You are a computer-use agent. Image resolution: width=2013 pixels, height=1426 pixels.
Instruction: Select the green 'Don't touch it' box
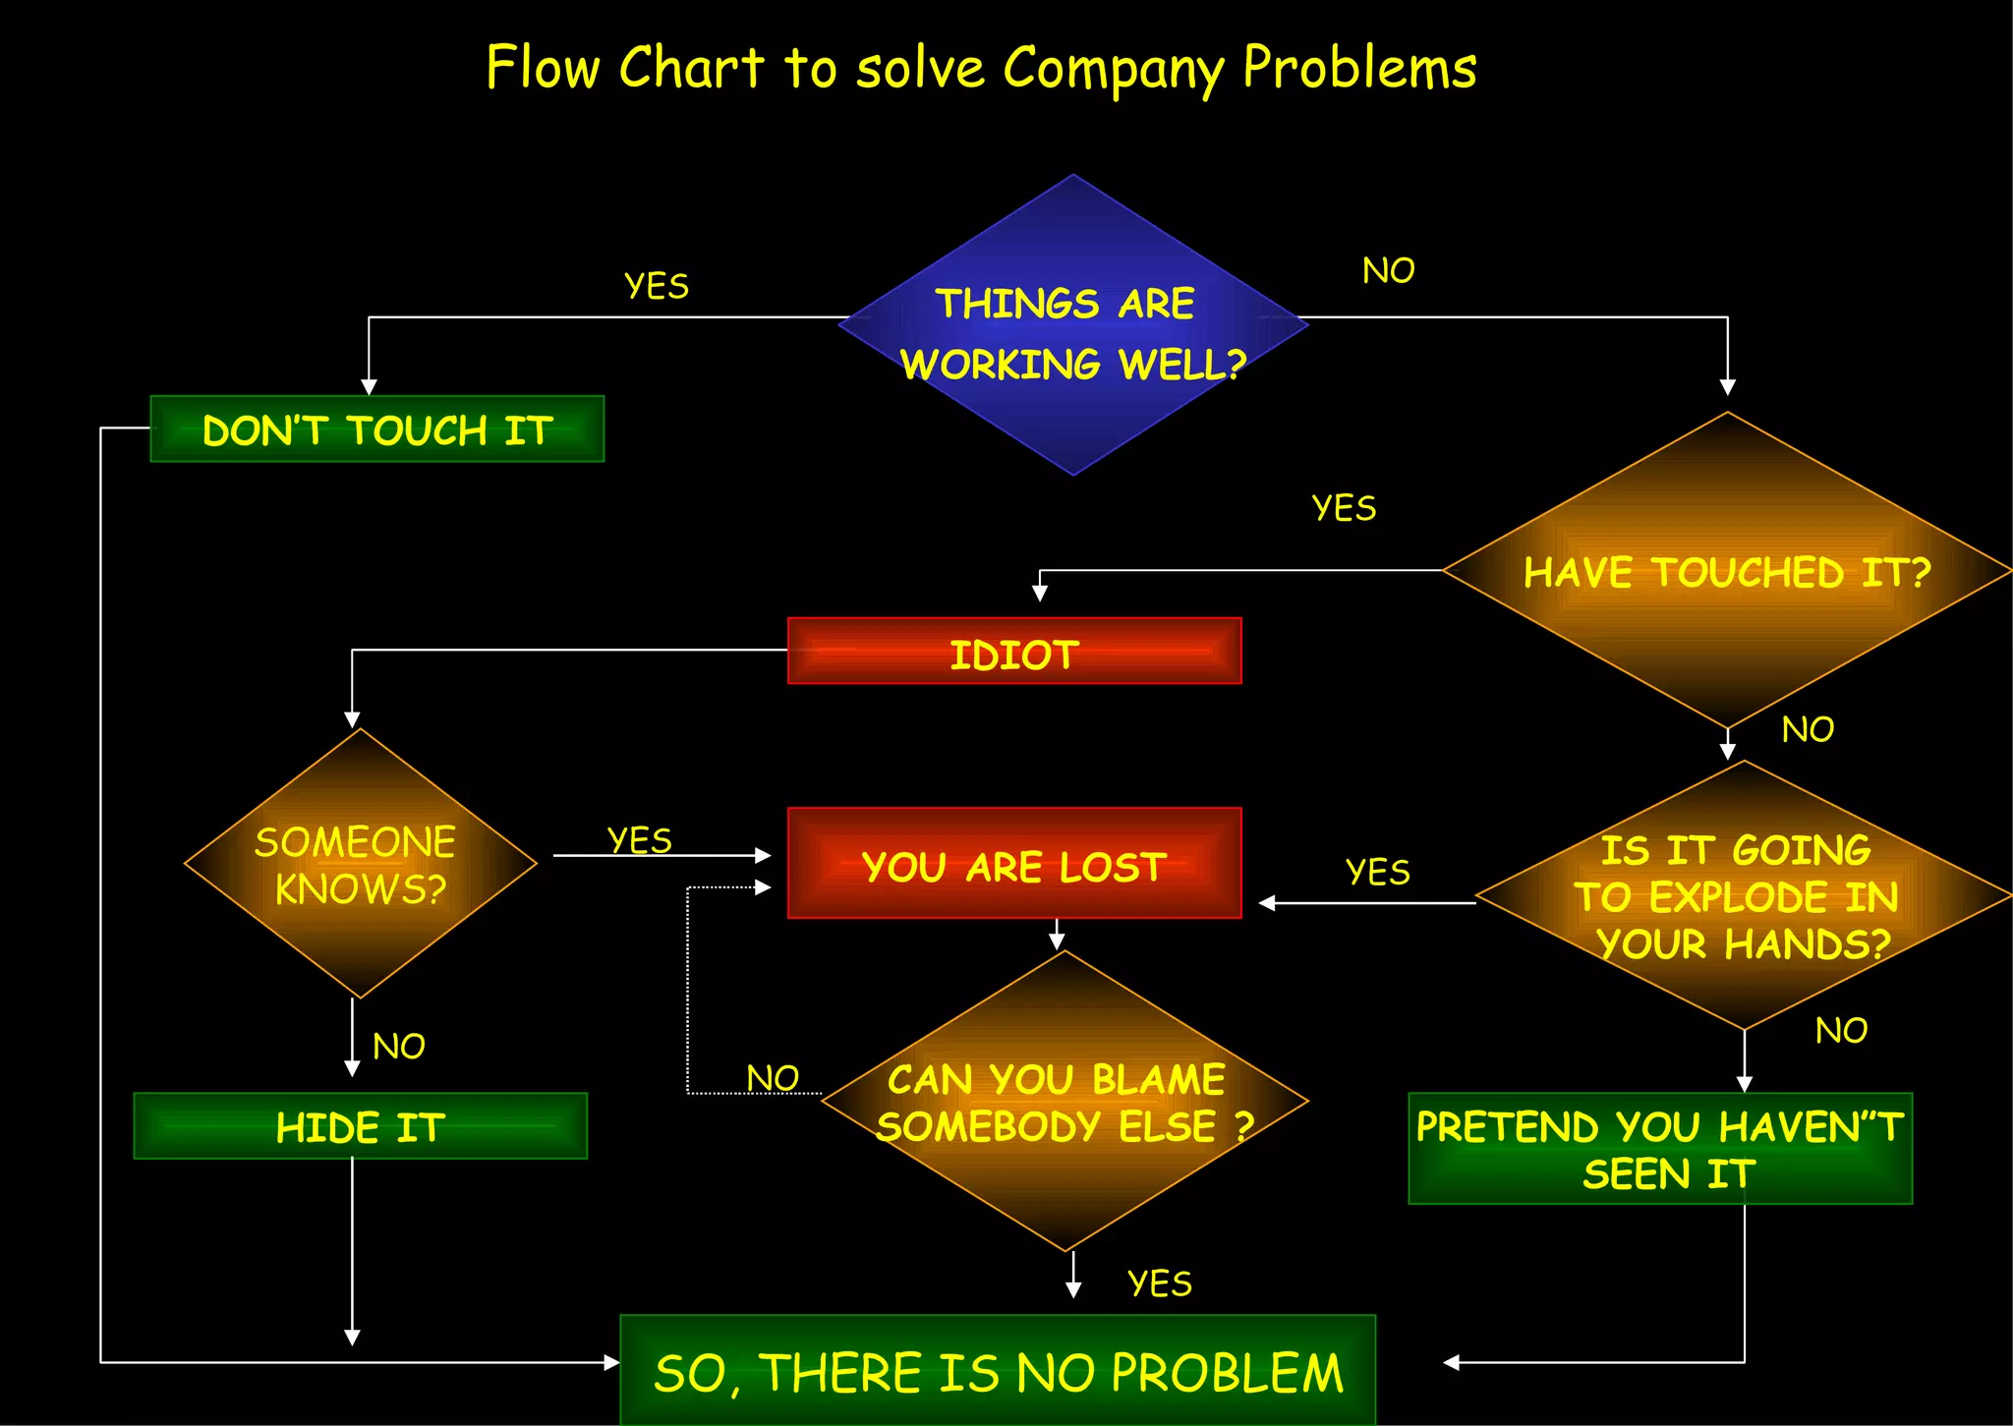click(377, 429)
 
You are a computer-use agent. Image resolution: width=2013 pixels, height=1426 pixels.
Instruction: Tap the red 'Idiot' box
click(1014, 652)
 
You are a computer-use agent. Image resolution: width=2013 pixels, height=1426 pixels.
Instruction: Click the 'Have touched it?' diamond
click(1727, 571)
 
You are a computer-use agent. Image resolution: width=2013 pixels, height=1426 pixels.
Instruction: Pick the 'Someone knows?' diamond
click(360, 864)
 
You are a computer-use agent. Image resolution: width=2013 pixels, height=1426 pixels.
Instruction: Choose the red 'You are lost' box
click(1014, 864)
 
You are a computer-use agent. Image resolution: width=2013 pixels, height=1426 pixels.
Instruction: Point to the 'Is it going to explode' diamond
click(1743, 895)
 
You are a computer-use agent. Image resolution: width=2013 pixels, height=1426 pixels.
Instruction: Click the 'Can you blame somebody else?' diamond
click(1064, 1102)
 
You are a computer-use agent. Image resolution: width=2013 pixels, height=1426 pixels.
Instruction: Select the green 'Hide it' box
click(361, 1126)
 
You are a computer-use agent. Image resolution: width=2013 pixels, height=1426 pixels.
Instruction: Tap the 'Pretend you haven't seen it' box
click(1660, 1149)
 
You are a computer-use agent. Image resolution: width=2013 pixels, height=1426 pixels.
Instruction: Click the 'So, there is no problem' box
click(998, 1371)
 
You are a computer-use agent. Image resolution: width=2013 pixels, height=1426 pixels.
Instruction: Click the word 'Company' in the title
click(1113, 69)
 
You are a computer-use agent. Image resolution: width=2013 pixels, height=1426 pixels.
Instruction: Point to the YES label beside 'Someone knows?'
click(640, 840)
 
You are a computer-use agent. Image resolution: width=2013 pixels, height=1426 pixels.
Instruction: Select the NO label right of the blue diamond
click(1388, 270)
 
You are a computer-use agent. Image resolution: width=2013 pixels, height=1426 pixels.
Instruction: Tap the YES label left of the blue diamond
click(657, 286)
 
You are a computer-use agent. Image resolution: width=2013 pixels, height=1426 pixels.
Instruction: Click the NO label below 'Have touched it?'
click(1808, 729)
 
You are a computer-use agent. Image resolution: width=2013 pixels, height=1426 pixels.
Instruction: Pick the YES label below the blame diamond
click(1160, 1283)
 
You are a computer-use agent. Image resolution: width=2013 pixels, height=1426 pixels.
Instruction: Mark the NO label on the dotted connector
click(773, 1078)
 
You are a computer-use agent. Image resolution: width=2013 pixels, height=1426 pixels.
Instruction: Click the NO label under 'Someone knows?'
click(399, 1047)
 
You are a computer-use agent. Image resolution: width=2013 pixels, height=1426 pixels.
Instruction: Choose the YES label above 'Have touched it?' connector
click(1344, 508)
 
